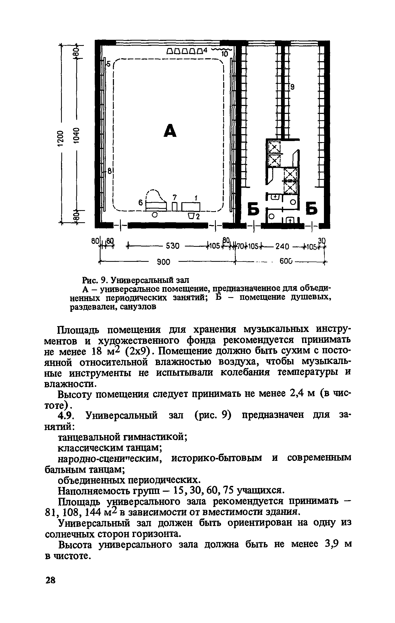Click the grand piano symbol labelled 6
point(156,202)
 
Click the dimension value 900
point(164,262)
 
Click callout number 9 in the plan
point(292,87)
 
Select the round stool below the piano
point(155,215)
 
